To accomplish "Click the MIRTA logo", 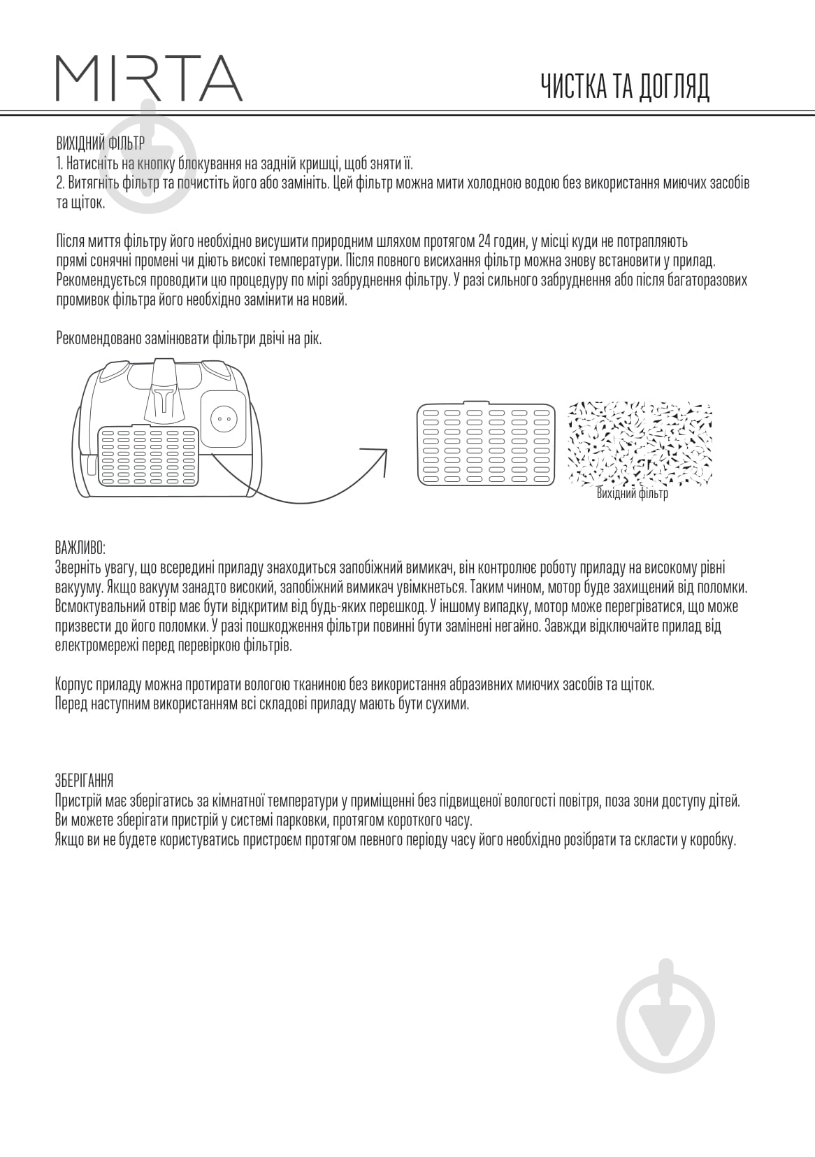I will pyautogui.click(x=149, y=78).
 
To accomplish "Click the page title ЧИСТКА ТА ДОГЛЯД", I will pyautogui.click(x=625, y=87).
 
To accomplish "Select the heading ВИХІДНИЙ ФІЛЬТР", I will pyautogui.click(x=100, y=144).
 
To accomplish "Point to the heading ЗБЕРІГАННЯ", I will pyautogui.click(x=84, y=781).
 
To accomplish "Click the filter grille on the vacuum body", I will pyautogui.click(x=149, y=455).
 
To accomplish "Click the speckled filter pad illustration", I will pyautogui.click(x=640, y=443).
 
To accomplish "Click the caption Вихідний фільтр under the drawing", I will pyautogui.click(x=633, y=494).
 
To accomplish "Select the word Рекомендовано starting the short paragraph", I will pyautogui.click(x=98, y=339).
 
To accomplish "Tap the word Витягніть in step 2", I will pyautogui.click(x=88, y=183).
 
